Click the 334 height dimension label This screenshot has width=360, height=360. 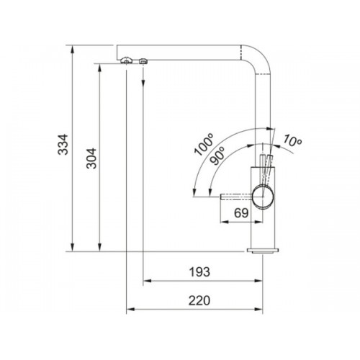pos(63,144)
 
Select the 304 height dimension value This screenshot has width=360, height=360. pos(91,158)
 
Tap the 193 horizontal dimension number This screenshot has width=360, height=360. pos(199,272)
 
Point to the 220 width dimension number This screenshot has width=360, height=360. pos(199,300)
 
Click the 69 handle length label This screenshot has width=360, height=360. pos(241,213)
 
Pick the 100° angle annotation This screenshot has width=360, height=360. pos(204,145)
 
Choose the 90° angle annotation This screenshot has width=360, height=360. pos(217,156)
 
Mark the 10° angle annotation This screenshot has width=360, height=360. pos(292,141)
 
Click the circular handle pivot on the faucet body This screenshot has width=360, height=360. pos(263,197)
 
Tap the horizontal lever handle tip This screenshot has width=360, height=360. pos(222,197)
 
